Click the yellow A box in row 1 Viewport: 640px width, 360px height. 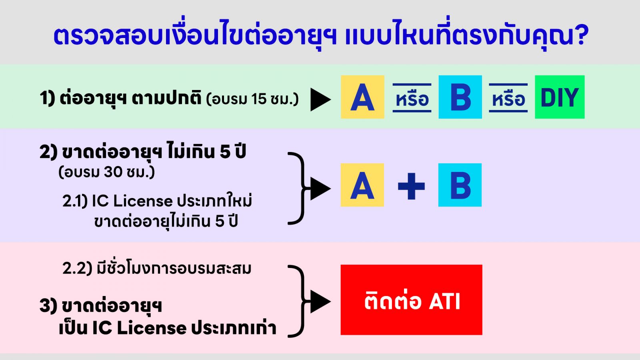click(362, 97)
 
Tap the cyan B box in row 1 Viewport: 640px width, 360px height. click(460, 97)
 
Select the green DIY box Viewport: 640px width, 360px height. click(560, 97)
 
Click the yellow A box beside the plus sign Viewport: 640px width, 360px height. click(362, 185)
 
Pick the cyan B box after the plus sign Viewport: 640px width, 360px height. click(460, 185)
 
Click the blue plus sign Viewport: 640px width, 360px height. click(412, 186)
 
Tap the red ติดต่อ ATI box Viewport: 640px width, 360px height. click(412, 300)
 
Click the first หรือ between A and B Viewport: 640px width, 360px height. click(412, 98)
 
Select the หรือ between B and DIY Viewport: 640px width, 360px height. click(508, 98)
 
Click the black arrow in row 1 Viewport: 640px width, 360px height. click(320, 100)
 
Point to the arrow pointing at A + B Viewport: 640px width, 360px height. click(320, 188)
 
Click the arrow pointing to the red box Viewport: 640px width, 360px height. click(320, 302)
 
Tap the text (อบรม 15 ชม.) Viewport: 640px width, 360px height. click(252, 100)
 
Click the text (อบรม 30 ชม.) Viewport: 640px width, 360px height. click(106, 172)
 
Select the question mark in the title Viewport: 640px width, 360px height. click(581, 35)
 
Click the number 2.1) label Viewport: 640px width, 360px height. click(75, 201)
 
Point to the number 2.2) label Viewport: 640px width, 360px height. click(77, 268)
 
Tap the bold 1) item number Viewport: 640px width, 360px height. click(47, 98)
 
